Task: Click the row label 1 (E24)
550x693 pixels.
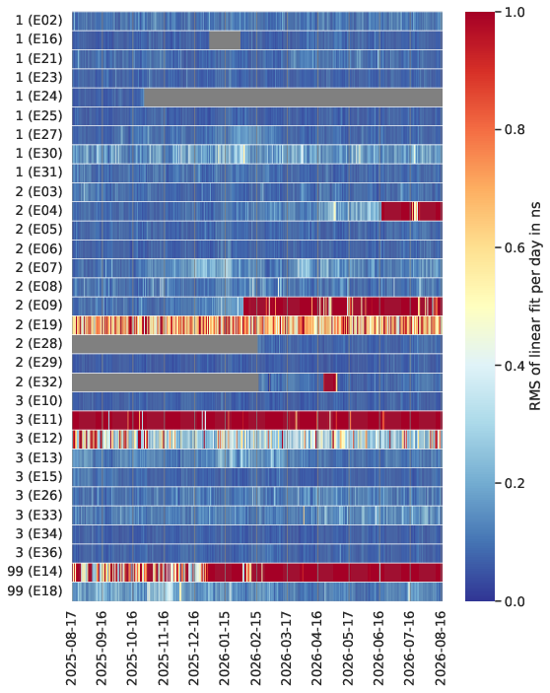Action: click(x=38, y=97)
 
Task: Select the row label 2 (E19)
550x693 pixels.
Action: click(x=38, y=325)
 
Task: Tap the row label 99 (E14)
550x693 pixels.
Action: click(x=34, y=572)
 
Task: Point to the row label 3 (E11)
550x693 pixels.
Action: click(x=38, y=420)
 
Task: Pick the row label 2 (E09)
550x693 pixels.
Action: click(x=38, y=306)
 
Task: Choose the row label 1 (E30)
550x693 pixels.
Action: click(x=38, y=154)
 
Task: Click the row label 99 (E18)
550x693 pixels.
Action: click(x=34, y=590)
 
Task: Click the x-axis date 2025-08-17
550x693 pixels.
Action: click(x=71, y=648)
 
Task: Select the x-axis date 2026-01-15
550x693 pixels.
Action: click(x=225, y=648)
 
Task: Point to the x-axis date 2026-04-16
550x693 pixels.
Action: click(x=317, y=648)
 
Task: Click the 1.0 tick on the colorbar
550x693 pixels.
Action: click(x=515, y=12)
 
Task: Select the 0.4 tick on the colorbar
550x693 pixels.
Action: click(x=515, y=366)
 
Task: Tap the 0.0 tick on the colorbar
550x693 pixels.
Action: click(x=515, y=601)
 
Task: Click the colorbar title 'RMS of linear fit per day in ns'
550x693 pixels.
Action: click(x=535, y=307)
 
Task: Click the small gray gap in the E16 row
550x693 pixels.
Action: click(x=225, y=39)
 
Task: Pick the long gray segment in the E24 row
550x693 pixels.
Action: click(x=293, y=97)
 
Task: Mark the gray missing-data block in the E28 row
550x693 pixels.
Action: click(x=166, y=344)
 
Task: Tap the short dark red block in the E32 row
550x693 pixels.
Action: click(x=330, y=382)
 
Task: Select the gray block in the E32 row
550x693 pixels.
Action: click(x=166, y=382)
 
